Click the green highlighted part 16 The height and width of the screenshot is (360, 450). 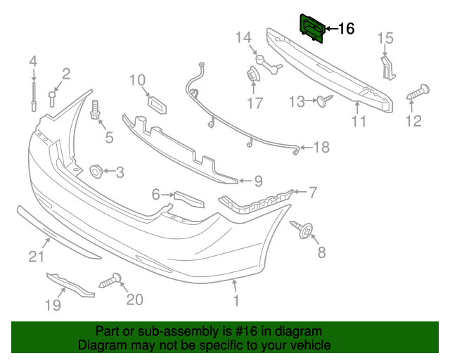(x=312, y=27)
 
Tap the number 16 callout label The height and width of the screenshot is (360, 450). (x=347, y=29)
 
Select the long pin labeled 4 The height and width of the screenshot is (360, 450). (x=33, y=95)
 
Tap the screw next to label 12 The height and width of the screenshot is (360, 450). (x=417, y=92)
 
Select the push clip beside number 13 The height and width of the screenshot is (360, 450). (x=321, y=102)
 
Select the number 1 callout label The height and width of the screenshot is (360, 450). (x=236, y=301)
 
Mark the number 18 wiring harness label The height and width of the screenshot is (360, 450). (x=321, y=148)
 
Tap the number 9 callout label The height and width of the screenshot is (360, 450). (x=258, y=181)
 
